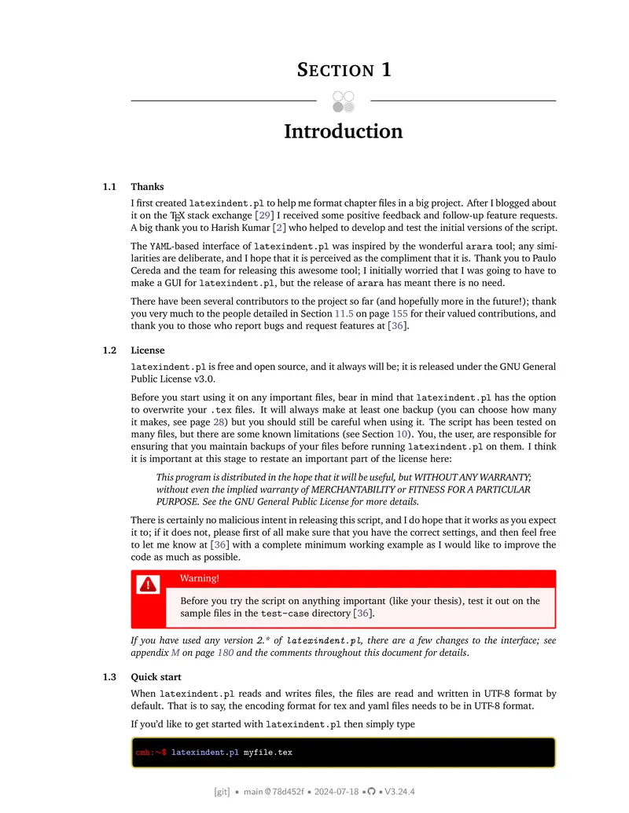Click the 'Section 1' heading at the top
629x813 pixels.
coord(344,69)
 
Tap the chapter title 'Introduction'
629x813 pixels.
coord(343,131)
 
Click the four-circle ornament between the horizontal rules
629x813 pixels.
coord(344,101)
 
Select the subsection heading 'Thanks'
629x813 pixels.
coord(147,187)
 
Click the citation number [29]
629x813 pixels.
coord(265,215)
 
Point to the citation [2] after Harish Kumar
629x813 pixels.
coord(279,228)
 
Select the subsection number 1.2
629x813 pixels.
coord(109,350)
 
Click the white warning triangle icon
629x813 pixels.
coord(148,584)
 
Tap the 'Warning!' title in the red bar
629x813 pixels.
coord(200,579)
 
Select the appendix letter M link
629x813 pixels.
coord(175,653)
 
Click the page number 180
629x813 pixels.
coord(225,653)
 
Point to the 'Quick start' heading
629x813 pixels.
coord(156,677)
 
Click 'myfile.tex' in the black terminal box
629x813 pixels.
coord(267,753)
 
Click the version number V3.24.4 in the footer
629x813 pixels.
coord(399,792)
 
